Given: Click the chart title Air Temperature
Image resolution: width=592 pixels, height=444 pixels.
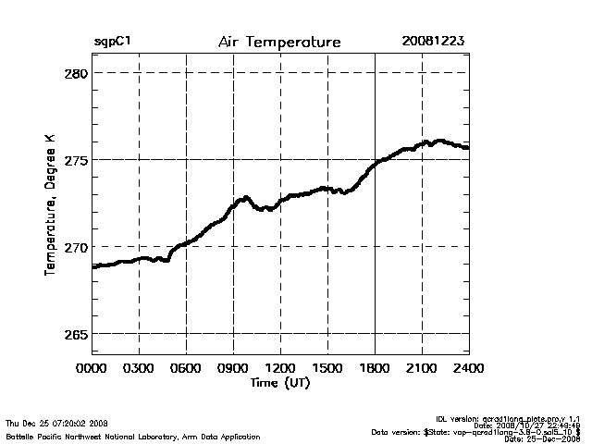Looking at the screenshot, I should click(x=279, y=43).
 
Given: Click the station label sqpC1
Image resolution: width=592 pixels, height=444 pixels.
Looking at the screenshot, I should click(x=112, y=43).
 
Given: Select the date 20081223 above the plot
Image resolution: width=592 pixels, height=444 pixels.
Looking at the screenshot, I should click(x=433, y=43).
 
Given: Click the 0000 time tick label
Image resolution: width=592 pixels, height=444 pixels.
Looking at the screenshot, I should click(x=92, y=368).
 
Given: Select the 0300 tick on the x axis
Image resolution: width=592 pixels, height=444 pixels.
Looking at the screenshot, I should click(x=139, y=368).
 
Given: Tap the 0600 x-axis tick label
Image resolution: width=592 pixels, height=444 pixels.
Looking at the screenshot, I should click(x=186, y=368).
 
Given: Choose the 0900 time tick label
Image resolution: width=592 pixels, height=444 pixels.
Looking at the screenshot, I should click(x=233, y=368).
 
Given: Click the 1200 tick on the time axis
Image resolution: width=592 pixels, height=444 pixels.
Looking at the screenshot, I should click(x=280, y=368).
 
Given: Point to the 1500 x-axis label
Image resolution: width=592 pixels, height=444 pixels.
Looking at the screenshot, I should click(x=327, y=368).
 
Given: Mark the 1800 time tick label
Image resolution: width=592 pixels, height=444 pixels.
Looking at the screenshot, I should click(x=375, y=368).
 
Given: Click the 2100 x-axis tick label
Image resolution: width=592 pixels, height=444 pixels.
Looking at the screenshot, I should click(x=422, y=368).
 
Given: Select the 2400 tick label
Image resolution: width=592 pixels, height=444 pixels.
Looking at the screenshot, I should click(x=468, y=368).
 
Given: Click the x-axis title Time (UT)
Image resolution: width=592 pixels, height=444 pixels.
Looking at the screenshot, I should click(x=279, y=382).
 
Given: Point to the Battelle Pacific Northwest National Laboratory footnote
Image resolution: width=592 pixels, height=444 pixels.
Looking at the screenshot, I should click(x=132, y=436).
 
